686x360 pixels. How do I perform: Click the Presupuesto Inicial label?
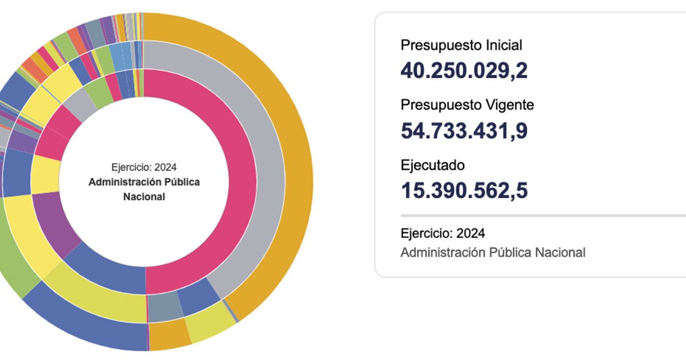click(x=461, y=45)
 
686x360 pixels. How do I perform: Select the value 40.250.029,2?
click(x=464, y=71)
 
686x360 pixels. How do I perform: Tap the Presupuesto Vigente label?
click(x=467, y=105)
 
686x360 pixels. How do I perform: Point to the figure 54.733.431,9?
click(x=464, y=131)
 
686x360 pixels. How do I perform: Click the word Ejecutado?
click(x=433, y=165)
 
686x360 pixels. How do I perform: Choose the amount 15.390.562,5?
click(x=464, y=191)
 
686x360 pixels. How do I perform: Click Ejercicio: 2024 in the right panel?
click(x=443, y=233)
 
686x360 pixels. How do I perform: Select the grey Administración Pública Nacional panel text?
click(x=493, y=252)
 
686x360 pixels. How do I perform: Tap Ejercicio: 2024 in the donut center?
click(x=144, y=167)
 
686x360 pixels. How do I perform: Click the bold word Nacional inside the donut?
click(x=144, y=197)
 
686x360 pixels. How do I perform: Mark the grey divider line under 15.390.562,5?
click(x=543, y=216)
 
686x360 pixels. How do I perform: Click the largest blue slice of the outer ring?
click(x=86, y=320)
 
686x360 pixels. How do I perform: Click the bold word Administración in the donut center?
click(x=123, y=182)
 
